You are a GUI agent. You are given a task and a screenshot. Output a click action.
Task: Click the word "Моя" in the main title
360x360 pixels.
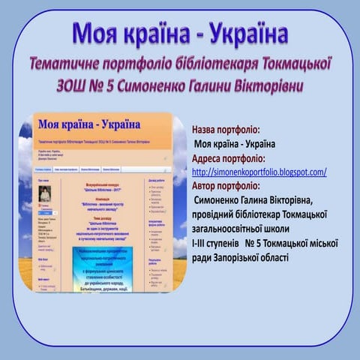(95, 34)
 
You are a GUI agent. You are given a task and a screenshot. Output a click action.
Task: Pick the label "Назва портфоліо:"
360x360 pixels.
(226, 130)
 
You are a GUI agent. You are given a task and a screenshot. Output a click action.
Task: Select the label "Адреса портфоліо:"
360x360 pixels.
(228, 158)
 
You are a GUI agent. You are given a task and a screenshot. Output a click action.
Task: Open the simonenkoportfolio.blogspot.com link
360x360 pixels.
(259, 172)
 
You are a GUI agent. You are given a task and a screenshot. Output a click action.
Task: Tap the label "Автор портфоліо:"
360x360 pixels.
(225, 186)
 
